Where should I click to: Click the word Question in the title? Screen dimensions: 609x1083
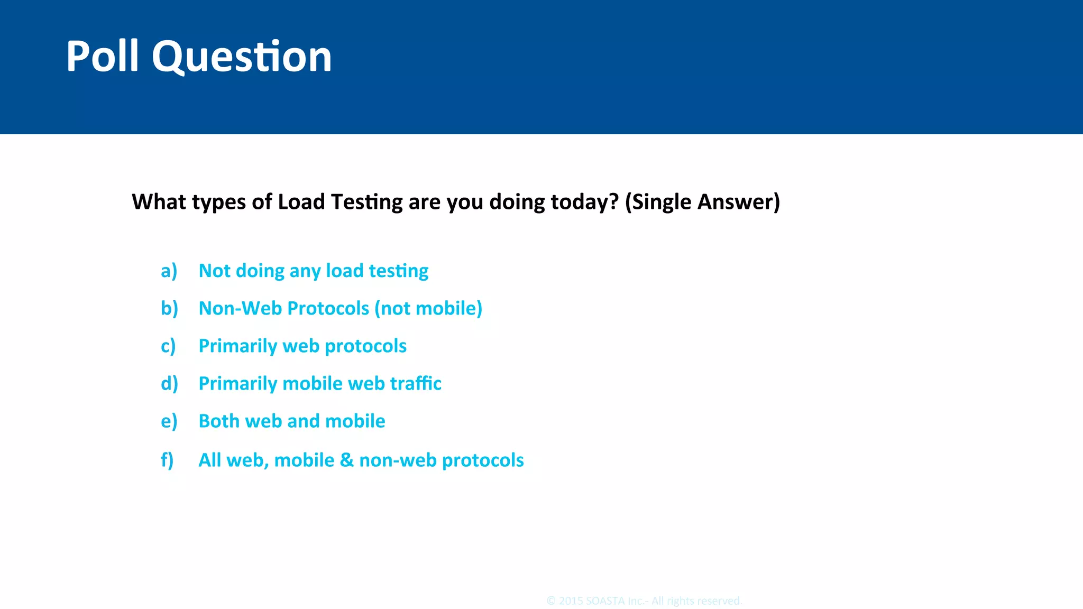pyautogui.click(x=242, y=57)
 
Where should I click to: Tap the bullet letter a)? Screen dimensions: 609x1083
pyautogui.click(x=169, y=271)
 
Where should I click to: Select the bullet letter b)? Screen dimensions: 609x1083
pyautogui.click(x=169, y=309)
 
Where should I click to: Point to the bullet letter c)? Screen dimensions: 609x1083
pyautogui.click(x=168, y=346)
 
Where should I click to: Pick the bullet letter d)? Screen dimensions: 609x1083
pyautogui.click(x=169, y=384)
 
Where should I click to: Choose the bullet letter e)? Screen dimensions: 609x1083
pyautogui.click(x=169, y=421)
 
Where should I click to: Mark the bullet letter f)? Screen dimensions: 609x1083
pyautogui.click(x=167, y=460)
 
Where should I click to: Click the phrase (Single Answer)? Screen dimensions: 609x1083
pyautogui.click(x=702, y=202)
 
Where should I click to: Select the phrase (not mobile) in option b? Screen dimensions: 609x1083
pyautogui.click(x=428, y=309)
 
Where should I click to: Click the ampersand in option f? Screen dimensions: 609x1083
pyautogui.click(x=346, y=460)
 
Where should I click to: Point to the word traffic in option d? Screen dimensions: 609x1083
pyautogui.click(x=415, y=383)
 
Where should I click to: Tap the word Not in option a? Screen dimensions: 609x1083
pyautogui.click(x=214, y=271)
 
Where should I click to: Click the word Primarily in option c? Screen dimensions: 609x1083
pyautogui.click(x=237, y=346)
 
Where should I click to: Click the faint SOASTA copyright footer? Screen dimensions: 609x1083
pyautogui.click(x=644, y=601)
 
